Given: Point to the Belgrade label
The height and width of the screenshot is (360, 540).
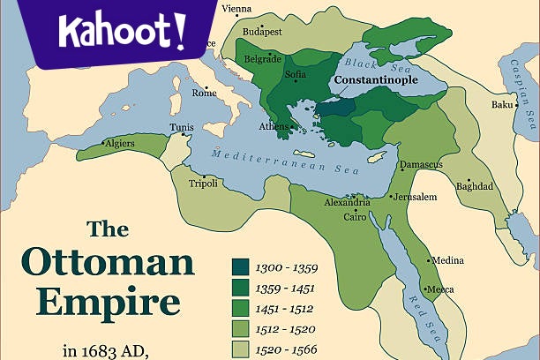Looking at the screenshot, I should click(263, 58).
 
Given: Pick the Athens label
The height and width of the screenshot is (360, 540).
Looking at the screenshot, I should click(273, 126).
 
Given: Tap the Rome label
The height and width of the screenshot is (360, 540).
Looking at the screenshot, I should click(204, 93).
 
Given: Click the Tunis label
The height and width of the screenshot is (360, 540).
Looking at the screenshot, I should click(182, 127).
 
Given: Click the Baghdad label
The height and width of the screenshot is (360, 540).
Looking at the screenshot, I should click(475, 186).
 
